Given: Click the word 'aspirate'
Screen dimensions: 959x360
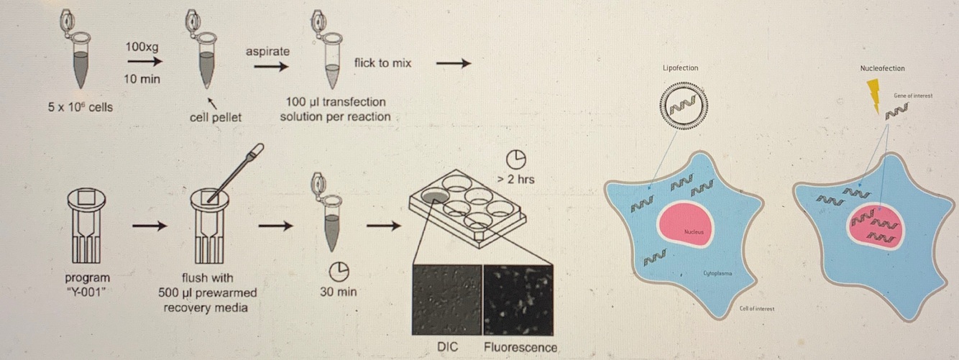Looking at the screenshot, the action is (x=267, y=52).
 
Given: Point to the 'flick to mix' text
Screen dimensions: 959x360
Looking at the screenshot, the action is (x=382, y=63).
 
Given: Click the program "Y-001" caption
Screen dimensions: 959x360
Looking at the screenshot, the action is (x=88, y=285).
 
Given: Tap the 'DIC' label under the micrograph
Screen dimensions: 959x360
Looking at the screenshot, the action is (x=447, y=348).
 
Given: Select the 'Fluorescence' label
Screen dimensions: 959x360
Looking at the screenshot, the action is (x=520, y=348).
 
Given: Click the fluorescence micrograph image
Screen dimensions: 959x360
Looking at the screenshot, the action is (x=518, y=300).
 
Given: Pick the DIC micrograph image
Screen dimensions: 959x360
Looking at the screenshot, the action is (x=447, y=300).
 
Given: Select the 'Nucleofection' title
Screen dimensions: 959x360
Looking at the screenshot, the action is (x=882, y=68).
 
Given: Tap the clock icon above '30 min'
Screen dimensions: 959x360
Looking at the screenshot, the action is (x=339, y=270).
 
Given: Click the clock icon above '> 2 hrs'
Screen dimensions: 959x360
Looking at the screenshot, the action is (x=516, y=159).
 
